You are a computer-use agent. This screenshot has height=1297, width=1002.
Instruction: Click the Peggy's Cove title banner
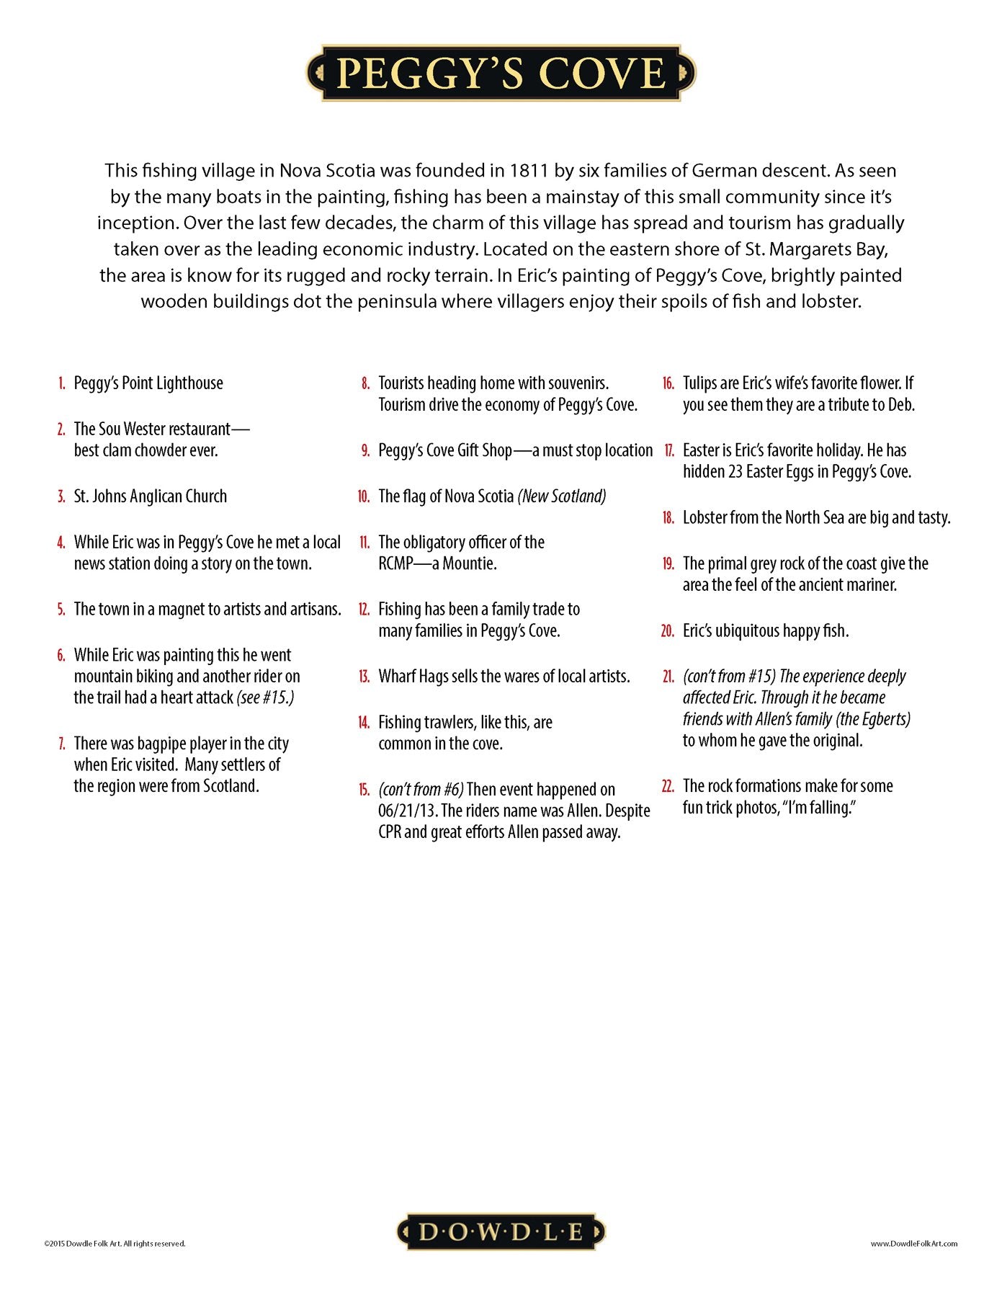click(x=501, y=73)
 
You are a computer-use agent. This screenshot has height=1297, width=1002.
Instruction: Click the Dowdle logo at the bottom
click(x=501, y=1231)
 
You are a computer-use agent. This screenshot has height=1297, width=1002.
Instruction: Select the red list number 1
click(x=62, y=383)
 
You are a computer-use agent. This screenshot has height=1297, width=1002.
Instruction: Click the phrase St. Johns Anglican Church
click(x=150, y=496)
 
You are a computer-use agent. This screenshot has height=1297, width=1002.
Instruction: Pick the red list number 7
click(x=61, y=744)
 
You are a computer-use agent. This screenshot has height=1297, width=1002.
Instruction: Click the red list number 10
click(x=364, y=496)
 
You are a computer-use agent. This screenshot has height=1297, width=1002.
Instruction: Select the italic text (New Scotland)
click(x=562, y=496)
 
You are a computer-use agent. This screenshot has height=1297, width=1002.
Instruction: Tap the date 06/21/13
click(x=407, y=811)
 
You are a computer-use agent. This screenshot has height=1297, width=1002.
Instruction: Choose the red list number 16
click(x=668, y=383)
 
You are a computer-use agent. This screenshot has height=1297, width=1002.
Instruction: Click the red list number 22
click(x=668, y=786)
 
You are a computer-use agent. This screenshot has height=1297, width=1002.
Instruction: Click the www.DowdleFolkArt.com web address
click(x=913, y=1243)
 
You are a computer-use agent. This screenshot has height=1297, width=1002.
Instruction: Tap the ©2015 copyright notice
click(x=115, y=1243)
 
